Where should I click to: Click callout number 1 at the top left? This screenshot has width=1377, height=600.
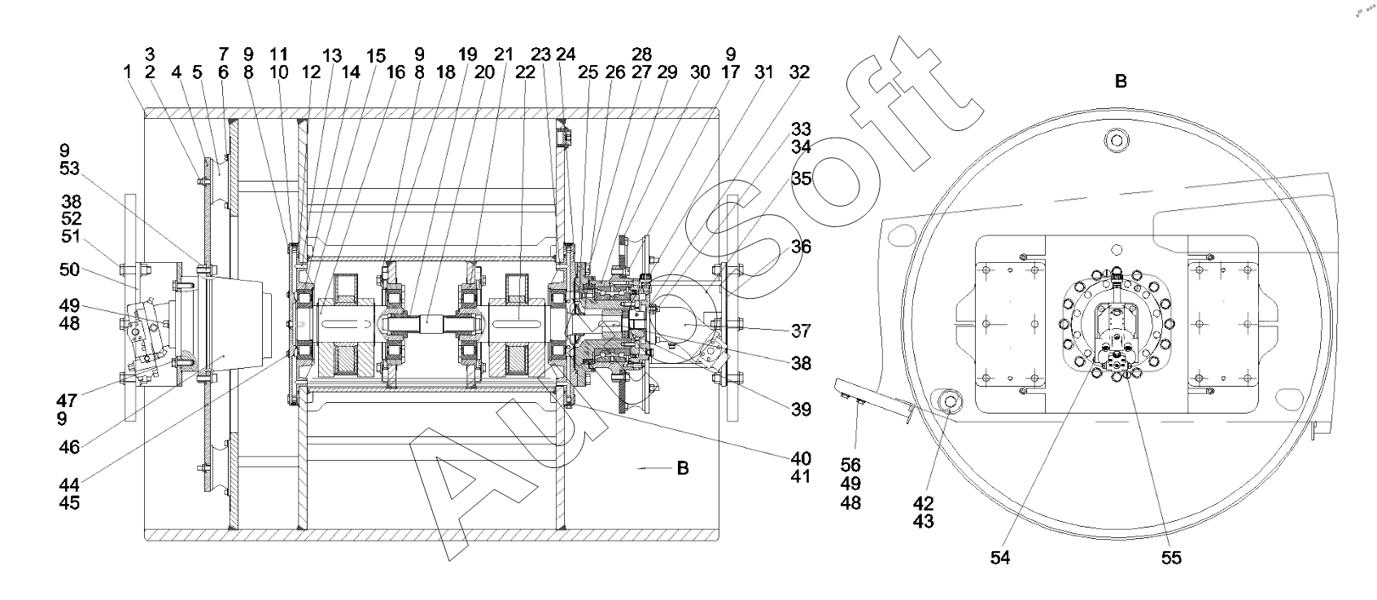tap(127, 72)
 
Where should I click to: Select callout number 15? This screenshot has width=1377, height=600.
tap(376, 56)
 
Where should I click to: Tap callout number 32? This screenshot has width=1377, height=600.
tap(799, 72)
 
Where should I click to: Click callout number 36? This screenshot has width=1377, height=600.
tap(801, 247)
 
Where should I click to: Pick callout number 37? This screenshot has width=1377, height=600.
tap(801, 331)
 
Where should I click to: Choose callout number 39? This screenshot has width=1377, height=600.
tap(801, 409)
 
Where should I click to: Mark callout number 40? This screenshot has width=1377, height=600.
tap(801, 458)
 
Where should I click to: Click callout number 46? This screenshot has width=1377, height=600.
tap(69, 447)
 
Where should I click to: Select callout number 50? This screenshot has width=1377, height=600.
tap(69, 269)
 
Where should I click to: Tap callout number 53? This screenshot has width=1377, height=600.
tap(69, 168)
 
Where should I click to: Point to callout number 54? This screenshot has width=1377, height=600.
tap(1000, 558)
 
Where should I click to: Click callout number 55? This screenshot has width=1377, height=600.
tap(1171, 558)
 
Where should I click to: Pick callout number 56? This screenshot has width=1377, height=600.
tap(850, 465)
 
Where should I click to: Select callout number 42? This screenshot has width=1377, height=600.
tap(924, 503)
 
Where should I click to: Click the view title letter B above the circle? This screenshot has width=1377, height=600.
tap(1121, 81)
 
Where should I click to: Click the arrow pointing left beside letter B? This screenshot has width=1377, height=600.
tap(654, 468)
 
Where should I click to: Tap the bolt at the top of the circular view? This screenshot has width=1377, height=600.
tap(1117, 140)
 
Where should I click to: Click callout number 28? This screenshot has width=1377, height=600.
tap(641, 54)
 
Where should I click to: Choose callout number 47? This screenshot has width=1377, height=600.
tap(67, 401)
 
